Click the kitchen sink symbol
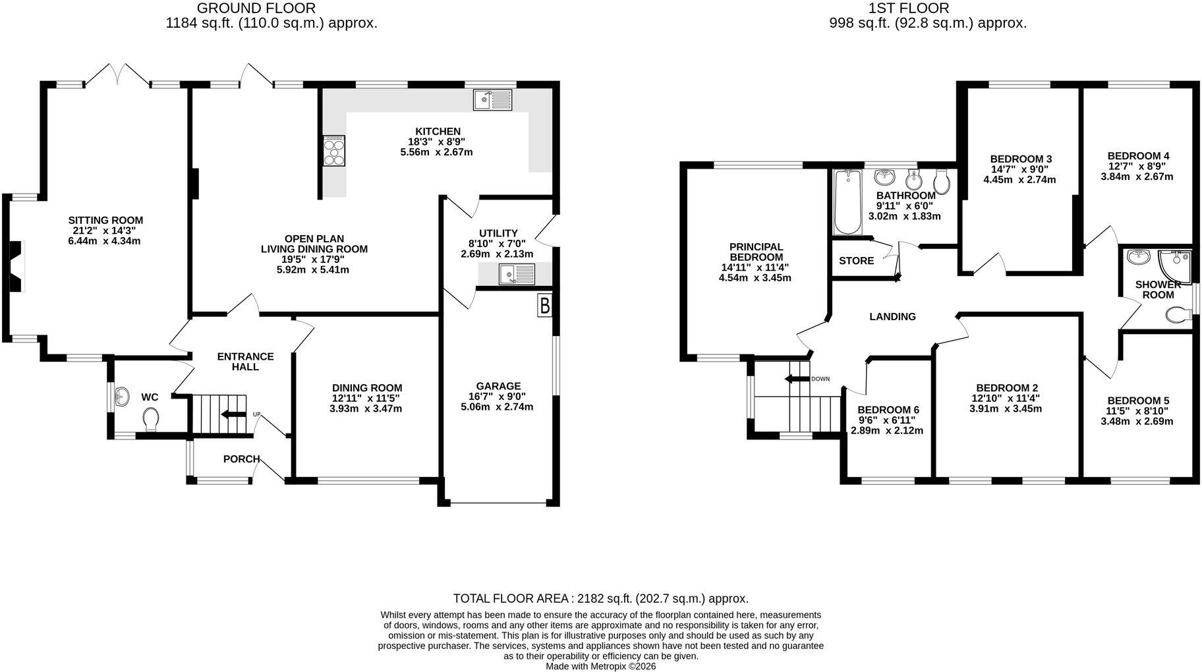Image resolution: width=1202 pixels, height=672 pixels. (x=492, y=99)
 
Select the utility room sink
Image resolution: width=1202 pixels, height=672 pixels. (x=517, y=274)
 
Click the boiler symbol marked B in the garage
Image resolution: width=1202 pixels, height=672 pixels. (x=544, y=306)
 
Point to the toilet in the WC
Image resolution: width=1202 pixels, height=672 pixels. (x=151, y=418)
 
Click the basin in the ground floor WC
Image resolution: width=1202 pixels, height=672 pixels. (x=121, y=396)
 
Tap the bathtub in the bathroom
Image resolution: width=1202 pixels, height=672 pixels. (x=847, y=202)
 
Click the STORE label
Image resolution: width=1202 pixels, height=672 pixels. (x=857, y=261)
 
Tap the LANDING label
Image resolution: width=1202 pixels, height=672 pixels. (x=893, y=317)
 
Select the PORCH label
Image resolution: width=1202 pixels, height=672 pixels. (x=241, y=459)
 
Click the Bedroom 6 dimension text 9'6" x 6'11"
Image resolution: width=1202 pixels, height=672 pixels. (x=886, y=420)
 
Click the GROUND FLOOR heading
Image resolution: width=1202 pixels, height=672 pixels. (x=256, y=9)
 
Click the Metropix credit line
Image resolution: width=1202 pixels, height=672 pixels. (x=601, y=667)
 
